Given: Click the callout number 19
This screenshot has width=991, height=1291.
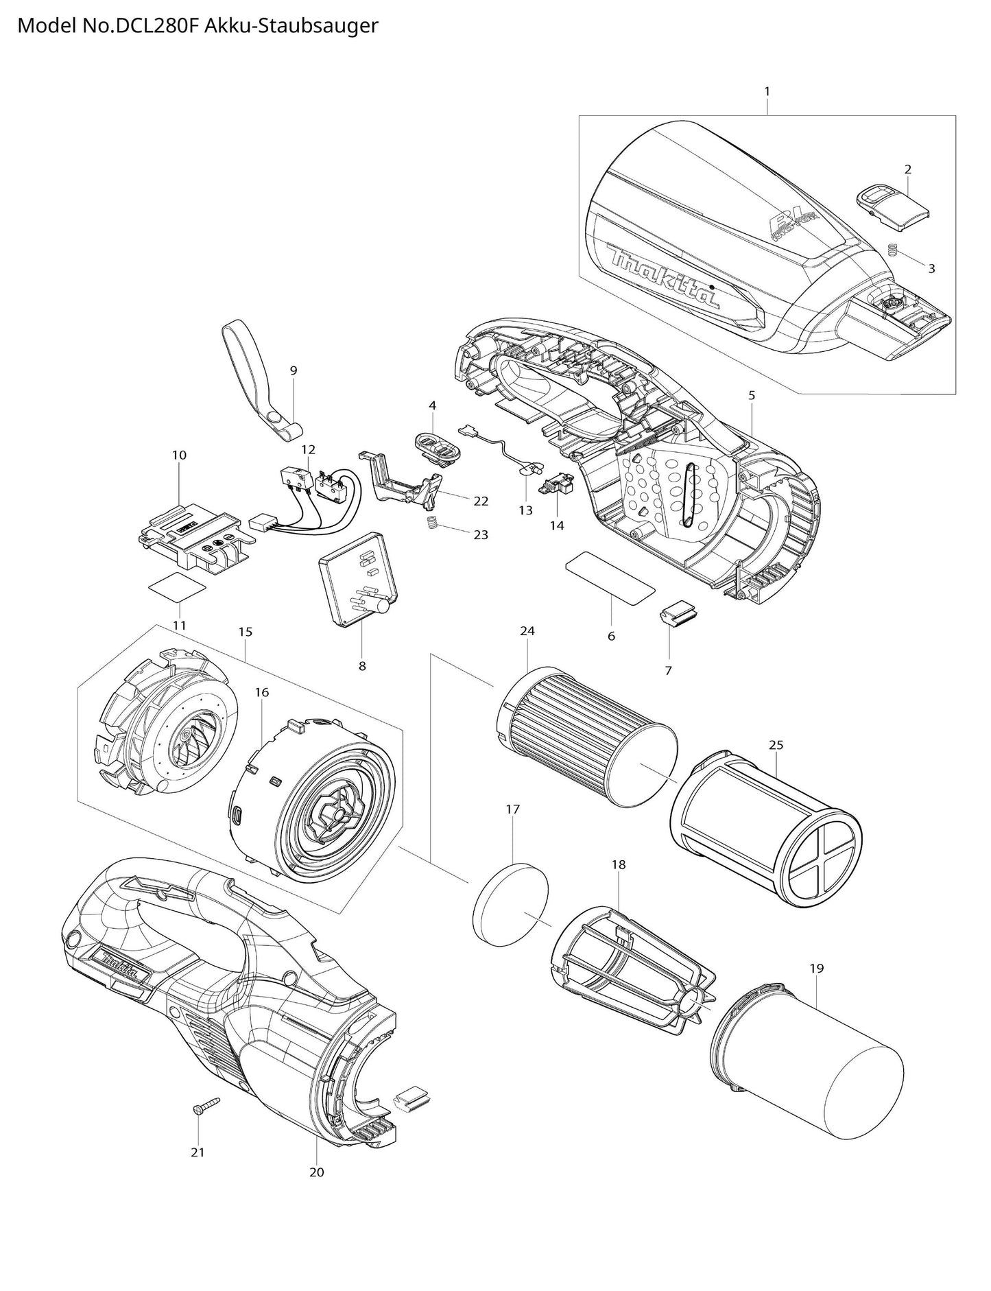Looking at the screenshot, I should coord(816,968).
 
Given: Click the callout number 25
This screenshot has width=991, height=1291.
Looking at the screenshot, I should coord(776,744).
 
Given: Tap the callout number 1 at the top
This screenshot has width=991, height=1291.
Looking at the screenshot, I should coord(767,91).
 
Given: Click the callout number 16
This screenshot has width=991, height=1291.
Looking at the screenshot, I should coord(262,692).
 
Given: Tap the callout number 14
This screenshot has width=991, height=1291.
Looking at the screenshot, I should coord(557,525).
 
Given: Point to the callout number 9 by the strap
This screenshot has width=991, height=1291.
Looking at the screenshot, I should coord(294,370).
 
